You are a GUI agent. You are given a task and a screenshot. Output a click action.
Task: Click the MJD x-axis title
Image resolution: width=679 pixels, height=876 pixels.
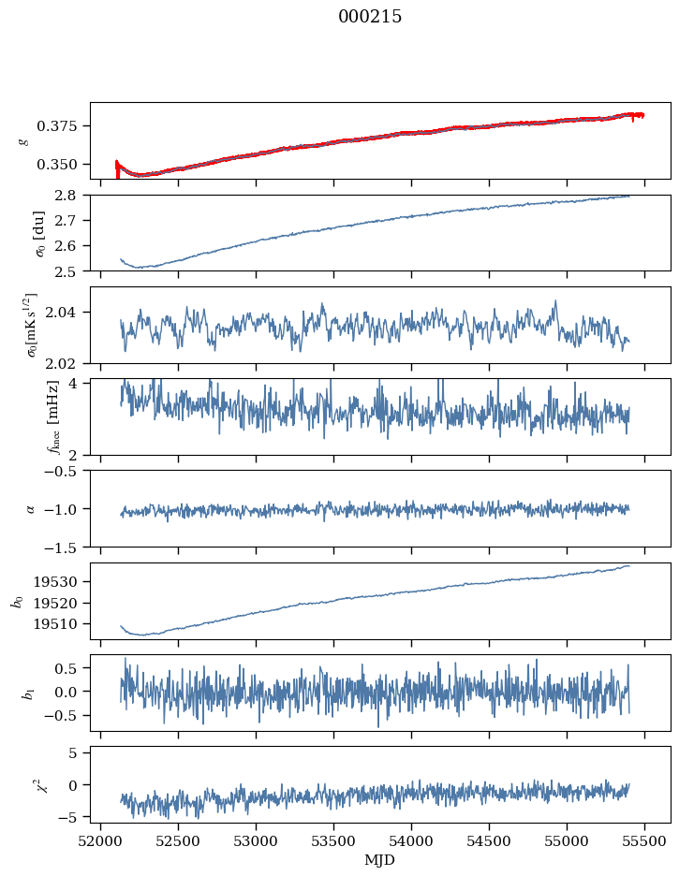coord(380,859)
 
